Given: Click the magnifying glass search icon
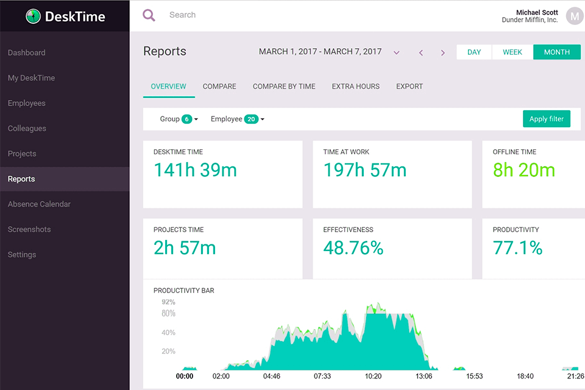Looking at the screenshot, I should coord(149,15).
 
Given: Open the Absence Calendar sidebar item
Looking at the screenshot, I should coord(39,204).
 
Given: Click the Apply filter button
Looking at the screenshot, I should coord(546,119).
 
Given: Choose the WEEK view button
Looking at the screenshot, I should coord(512,52).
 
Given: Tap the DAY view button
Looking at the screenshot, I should coord(474,52).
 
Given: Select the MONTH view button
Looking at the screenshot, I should coord(556,52).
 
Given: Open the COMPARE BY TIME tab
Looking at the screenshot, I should coord(284,87).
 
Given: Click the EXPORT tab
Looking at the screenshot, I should coord(409,87).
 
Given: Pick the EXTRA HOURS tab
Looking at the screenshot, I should coord(355,87).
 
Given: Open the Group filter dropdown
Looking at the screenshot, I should coord(179,119).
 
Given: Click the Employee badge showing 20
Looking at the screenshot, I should coord(250,119).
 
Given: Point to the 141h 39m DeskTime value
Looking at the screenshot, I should coord(195,170).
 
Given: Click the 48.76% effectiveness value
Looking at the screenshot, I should coord(353,248).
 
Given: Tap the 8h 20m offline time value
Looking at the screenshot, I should coord(523,170).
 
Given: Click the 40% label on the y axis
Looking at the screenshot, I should coord(168,333).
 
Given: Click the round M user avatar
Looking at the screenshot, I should coord(574,16).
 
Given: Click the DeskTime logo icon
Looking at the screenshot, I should coord(33,16).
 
